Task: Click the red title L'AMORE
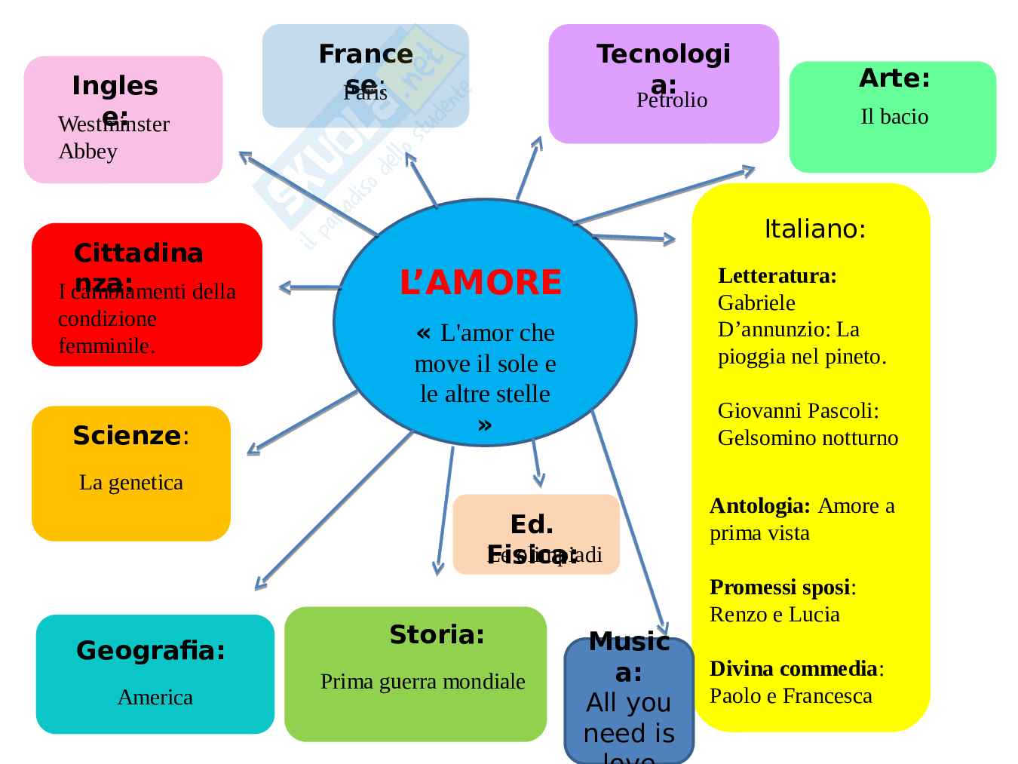pos(480,282)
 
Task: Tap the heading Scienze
pos(127,436)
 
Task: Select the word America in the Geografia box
pos(155,697)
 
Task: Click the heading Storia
pos(437,635)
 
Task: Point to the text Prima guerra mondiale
pos(422,682)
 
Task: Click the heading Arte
pos(894,78)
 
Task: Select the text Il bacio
pos(894,117)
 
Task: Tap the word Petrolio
pos(672,100)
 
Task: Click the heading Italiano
pos(814,229)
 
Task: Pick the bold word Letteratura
pos(777,276)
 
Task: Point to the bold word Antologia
pos(759,506)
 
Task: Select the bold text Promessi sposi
pos(780,588)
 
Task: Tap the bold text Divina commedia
pos(793,669)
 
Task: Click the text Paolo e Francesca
pos(790,696)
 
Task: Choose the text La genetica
pos(131,483)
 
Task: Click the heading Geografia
pos(151,651)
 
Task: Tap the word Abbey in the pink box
pos(88,152)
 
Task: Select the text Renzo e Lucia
pos(774,615)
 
